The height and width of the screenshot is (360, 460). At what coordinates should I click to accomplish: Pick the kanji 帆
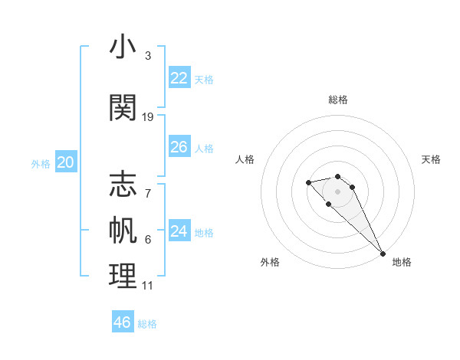pyautogui.click(x=123, y=229)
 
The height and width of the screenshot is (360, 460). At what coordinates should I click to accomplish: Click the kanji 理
pyautogui.click(x=123, y=276)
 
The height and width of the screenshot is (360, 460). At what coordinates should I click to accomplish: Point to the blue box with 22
pyautogui.click(x=179, y=78)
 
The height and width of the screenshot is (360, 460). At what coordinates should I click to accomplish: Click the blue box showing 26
pyautogui.click(x=179, y=147)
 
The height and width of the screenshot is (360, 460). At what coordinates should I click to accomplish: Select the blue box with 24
pyautogui.click(x=179, y=231)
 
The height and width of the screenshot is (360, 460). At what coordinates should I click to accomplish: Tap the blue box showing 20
pyautogui.click(x=66, y=162)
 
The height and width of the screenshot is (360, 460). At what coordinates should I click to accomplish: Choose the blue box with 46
pyautogui.click(x=123, y=322)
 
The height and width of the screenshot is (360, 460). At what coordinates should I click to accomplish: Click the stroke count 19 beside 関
pyautogui.click(x=148, y=117)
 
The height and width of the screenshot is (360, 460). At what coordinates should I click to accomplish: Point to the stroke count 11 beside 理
pyautogui.click(x=147, y=286)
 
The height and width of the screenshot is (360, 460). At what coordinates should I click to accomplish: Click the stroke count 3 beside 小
pyautogui.click(x=147, y=56)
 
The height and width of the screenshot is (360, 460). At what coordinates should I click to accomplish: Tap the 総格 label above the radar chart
pyautogui.click(x=337, y=100)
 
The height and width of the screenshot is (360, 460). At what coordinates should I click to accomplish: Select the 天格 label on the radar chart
pyautogui.click(x=432, y=159)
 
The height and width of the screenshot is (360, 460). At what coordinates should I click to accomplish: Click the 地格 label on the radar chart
pyautogui.click(x=402, y=262)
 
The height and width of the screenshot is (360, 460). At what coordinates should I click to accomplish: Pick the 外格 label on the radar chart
pyautogui.click(x=270, y=262)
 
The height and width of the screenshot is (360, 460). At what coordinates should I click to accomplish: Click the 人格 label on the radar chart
pyautogui.click(x=245, y=159)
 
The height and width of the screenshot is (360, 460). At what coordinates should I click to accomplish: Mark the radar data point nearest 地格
pyautogui.click(x=382, y=253)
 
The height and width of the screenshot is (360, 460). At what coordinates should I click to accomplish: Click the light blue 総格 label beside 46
pyautogui.click(x=147, y=324)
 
